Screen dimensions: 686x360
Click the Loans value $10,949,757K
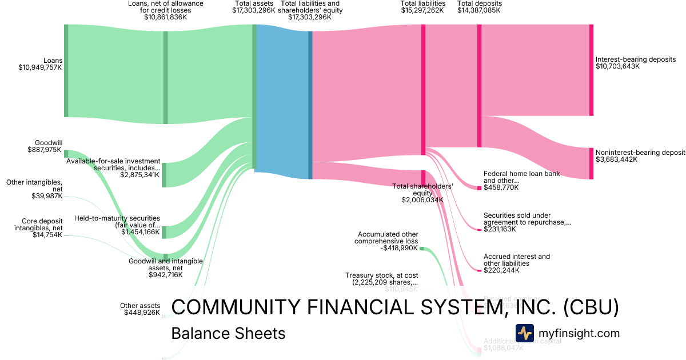(x=40, y=67)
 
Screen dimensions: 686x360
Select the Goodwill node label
(x=49, y=143)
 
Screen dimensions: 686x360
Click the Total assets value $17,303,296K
(x=253, y=10)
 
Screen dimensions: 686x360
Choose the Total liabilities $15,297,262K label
(x=423, y=7)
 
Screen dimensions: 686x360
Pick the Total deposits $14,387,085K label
(x=480, y=7)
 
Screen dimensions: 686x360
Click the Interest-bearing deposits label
(x=635, y=59)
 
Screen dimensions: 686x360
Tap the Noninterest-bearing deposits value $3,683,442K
(x=617, y=159)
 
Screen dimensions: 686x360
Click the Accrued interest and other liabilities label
(x=517, y=260)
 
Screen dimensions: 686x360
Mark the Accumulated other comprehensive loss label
(x=388, y=238)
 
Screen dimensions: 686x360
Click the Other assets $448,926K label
(x=140, y=309)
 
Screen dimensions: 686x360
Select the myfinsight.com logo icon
(x=524, y=333)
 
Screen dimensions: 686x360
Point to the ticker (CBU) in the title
(x=591, y=307)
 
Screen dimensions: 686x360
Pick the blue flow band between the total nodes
(x=282, y=97)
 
